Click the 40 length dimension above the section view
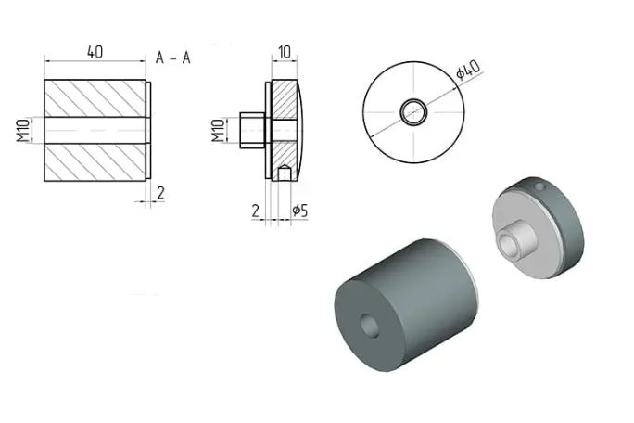[95, 52]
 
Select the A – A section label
[173, 58]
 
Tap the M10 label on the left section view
[23, 130]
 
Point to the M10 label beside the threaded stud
[218, 130]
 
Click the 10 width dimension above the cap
[285, 52]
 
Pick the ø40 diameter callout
[468, 70]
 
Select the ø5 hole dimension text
[300, 211]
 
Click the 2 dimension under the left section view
[160, 193]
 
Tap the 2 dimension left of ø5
[255, 211]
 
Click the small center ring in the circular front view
[413, 102]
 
